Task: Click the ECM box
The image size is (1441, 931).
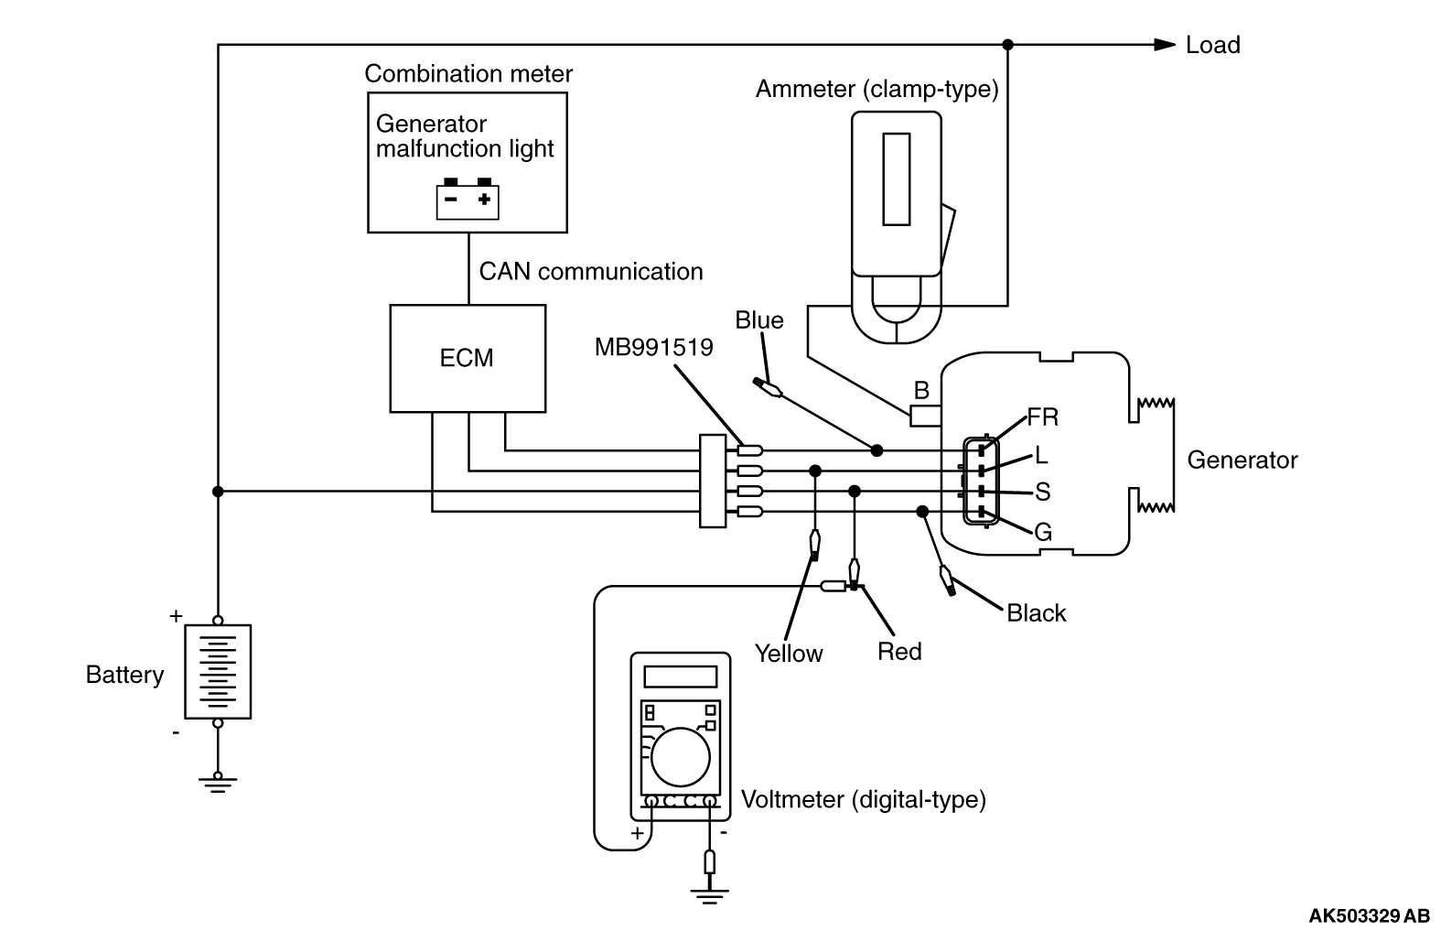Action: pyautogui.click(x=467, y=358)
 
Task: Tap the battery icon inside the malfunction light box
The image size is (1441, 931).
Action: pyautogui.click(x=468, y=199)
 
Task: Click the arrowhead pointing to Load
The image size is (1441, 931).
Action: pyautogui.click(x=1164, y=44)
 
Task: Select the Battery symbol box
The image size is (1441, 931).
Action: pyautogui.click(x=218, y=671)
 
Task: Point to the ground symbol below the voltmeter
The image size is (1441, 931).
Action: pyautogui.click(x=709, y=893)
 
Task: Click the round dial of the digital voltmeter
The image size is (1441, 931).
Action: pyautogui.click(x=682, y=757)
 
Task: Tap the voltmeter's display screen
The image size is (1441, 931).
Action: pyautogui.click(x=681, y=677)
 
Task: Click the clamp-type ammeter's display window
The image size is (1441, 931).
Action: pyautogui.click(x=896, y=179)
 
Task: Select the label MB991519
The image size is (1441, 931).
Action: pyautogui.click(x=653, y=348)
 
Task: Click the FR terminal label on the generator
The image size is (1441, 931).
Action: pyautogui.click(x=1042, y=417)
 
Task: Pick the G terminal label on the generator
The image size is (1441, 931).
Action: pyautogui.click(x=1042, y=532)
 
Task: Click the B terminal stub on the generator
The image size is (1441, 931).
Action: pyautogui.click(x=925, y=416)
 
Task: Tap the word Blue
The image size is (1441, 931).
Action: pyautogui.click(x=759, y=320)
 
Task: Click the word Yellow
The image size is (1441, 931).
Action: pyautogui.click(x=788, y=654)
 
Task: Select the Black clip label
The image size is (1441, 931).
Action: pyautogui.click(x=1036, y=613)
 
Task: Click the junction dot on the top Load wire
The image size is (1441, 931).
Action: pyautogui.click(x=1007, y=44)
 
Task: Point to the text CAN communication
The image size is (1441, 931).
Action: pyautogui.click(x=590, y=272)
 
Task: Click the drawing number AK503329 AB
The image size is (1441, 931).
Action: pyautogui.click(x=1368, y=915)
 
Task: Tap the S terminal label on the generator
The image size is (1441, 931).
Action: pyautogui.click(x=1042, y=493)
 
